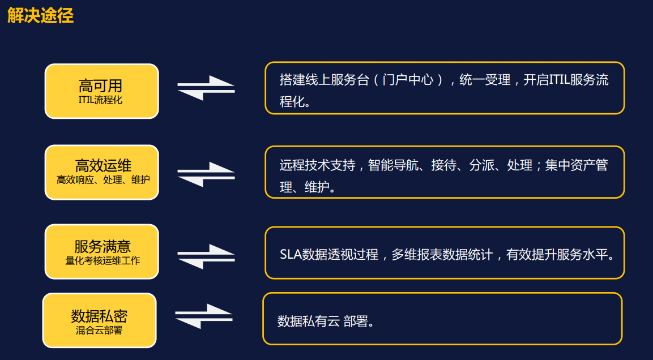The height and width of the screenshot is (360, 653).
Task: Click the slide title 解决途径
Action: pos(40,15)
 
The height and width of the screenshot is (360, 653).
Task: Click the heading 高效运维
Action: pos(103,165)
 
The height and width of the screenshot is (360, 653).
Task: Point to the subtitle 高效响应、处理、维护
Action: pos(103,180)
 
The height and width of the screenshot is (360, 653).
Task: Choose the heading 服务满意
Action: pos(103,246)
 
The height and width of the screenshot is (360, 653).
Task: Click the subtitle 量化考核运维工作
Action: pos(103,261)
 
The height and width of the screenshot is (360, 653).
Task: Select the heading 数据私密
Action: pos(99,316)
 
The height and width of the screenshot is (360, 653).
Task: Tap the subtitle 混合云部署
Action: pos(99,331)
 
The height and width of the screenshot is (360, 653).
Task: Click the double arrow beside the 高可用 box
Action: pos(206,88)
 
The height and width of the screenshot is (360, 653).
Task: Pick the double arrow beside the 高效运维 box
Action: pos(206,174)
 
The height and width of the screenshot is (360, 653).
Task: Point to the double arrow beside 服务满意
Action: pos(206,256)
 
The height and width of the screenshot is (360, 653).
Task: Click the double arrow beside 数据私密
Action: pos(204,316)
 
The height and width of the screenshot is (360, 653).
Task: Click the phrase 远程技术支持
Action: pos(317,165)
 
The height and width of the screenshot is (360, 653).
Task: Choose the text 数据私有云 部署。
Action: pos(326,321)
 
